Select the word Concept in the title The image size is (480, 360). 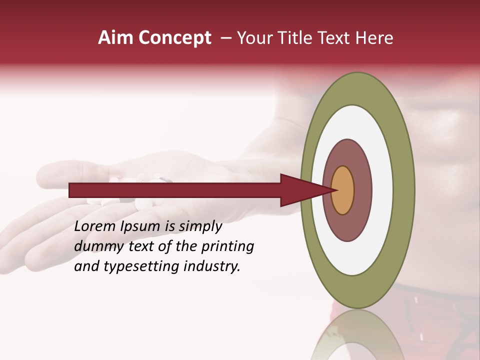pyautogui.click(x=174, y=38)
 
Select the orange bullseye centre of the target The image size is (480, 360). pyautogui.click(x=342, y=190)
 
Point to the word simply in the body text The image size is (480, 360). pyautogui.click(x=200, y=227)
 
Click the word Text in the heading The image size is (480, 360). pyautogui.click(x=336, y=38)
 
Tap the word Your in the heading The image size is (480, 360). pyautogui.click(x=253, y=38)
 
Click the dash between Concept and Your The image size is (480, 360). pyautogui.click(x=226, y=38)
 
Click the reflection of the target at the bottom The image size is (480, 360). pyautogui.click(x=357, y=337)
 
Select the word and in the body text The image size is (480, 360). pyautogui.click(x=86, y=266)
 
